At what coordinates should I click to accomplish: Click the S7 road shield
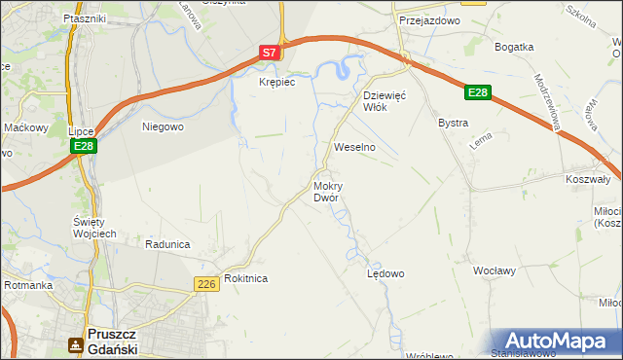270,53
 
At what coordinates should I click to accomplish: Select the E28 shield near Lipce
84,147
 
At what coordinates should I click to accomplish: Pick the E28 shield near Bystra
476,92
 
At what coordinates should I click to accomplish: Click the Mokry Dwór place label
326,191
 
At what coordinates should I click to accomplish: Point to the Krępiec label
276,83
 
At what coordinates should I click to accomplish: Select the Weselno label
354,147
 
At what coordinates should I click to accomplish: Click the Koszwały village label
587,179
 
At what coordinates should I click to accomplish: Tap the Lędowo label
385,273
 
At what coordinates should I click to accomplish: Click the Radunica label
165,243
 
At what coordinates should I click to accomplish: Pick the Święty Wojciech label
95,228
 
